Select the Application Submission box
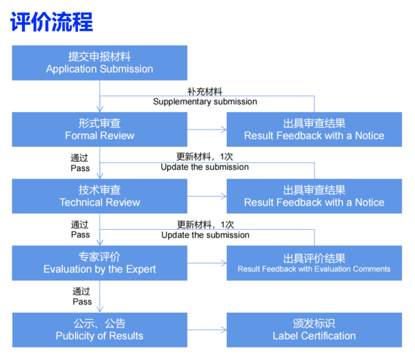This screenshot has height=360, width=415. pos(100,62)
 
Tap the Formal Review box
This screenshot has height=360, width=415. pos(100,129)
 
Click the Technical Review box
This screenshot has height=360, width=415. pos(100,196)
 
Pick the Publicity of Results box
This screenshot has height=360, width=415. pos(100,330)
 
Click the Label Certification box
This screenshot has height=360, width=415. pos(314,330)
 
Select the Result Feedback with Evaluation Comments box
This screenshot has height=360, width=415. pos(314,263)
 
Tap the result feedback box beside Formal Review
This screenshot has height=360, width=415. pos(314,129)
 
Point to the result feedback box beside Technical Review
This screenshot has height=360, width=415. pos(314,196)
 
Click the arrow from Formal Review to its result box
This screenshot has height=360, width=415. pos(207,129)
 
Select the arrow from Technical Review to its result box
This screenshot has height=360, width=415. pos(207,196)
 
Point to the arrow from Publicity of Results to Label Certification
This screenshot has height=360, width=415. pos(207,330)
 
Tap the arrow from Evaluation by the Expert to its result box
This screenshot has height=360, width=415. pos(207,263)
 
